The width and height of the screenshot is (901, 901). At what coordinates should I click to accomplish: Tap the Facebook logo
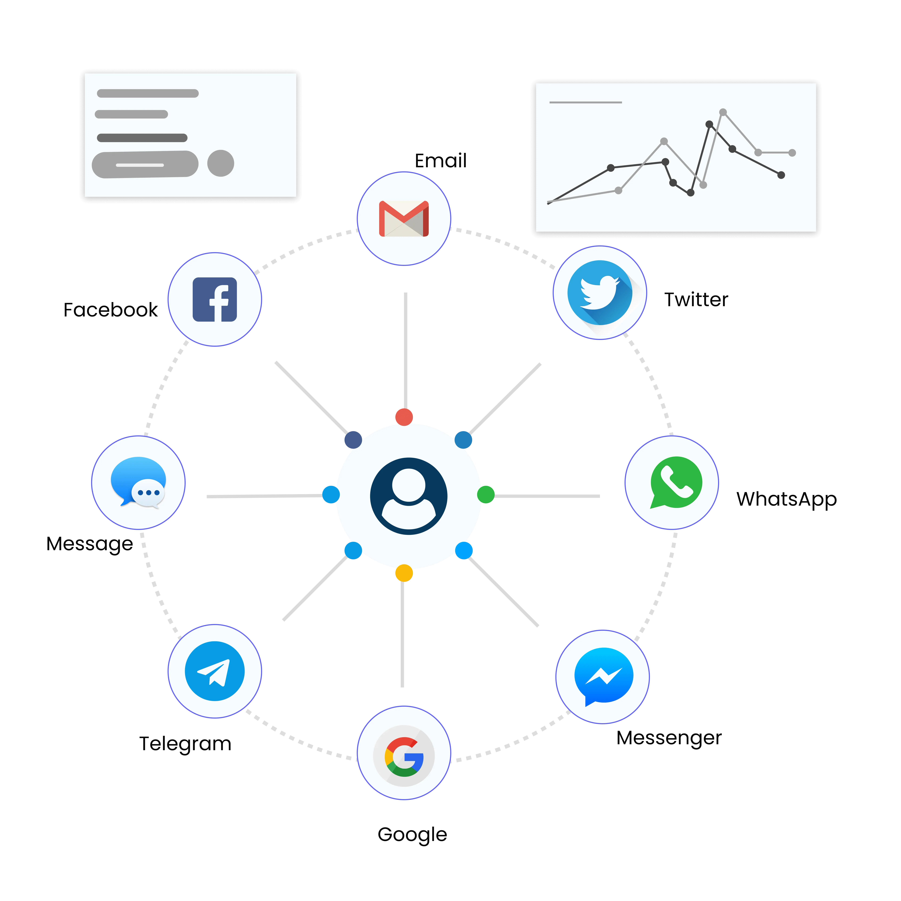pyautogui.click(x=215, y=299)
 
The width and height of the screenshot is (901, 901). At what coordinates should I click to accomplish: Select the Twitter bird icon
pyautogui.click(x=600, y=292)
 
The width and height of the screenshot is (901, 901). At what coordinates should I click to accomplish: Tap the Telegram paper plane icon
pyautogui.click(x=215, y=671)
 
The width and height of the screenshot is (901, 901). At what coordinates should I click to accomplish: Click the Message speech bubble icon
pyautogui.click(x=138, y=482)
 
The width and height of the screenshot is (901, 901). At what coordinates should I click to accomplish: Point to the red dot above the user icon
pyautogui.click(x=404, y=417)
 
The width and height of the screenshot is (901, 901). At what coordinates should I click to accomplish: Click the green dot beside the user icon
pyautogui.click(x=486, y=494)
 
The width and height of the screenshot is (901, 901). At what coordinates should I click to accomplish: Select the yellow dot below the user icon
pyautogui.click(x=404, y=573)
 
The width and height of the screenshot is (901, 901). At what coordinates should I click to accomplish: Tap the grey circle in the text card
pyautogui.click(x=221, y=163)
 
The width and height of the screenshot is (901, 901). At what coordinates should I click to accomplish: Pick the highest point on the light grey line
pyautogui.click(x=723, y=112)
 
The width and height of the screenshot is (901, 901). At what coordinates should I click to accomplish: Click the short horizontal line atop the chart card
pyautogui.click(x=586, y=102)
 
